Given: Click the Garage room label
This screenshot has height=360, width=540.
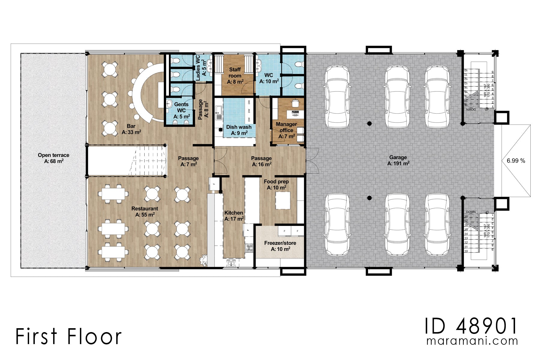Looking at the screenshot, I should click(x=398, y=157).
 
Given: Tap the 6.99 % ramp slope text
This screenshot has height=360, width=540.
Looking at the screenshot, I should click(x=516, y=161).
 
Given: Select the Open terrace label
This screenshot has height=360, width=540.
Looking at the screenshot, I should click(x=53, y=155).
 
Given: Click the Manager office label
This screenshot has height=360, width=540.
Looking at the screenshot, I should click(x=286, y=127).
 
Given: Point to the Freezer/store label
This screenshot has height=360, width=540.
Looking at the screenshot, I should click(x=280, y=243).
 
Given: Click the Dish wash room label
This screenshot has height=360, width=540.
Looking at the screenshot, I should click(x=239, y=127).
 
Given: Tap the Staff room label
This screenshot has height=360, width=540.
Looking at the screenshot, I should click(x=235, y=73).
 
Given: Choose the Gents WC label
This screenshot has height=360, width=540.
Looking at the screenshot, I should click(x=181, y=107).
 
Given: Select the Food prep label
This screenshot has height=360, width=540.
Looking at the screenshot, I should click(x=276, y=181).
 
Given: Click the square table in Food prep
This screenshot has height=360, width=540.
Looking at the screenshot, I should click(x=283, y=200).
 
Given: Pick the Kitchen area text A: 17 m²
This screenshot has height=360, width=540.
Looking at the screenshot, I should click(x=234, y=219).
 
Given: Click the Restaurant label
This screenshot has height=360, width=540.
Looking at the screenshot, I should click(x=145, y=208).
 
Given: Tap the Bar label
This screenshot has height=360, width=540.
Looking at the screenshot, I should click(x=131, y=126).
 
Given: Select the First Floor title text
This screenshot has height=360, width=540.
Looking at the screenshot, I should click(x=68, y=336).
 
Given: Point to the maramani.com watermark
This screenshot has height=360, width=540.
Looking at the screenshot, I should click(x=472, y=341).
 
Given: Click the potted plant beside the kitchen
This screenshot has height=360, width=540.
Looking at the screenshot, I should click(x=204, y=260).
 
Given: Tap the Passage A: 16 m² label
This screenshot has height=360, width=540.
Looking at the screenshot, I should click(x=261, y=161).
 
